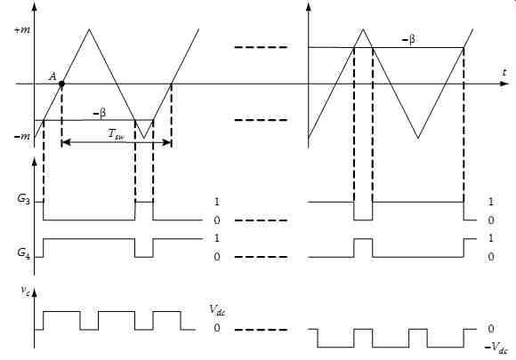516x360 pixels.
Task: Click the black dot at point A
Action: (61, 84)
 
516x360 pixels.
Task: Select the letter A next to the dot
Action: (52, 76)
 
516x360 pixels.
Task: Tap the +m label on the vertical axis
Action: (22, 30)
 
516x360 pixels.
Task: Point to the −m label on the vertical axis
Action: (22, 136)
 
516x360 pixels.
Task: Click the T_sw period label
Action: (117, 135)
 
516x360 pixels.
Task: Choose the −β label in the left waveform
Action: (100, 114)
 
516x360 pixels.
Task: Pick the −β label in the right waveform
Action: (408, 40)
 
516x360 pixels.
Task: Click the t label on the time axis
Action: (504, 72)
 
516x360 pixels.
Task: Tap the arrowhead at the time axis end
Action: (504, 84)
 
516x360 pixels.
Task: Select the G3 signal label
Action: (23, 199)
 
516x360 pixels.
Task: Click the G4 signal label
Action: (23, 253)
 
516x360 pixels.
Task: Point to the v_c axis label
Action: (25, 291)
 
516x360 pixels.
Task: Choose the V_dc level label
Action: (217, 310)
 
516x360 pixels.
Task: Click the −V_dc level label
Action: (496, 348)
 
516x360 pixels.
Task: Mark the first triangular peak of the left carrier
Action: (89, 29)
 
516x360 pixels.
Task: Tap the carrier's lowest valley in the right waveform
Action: (418, 138)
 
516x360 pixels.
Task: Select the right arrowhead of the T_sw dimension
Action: (167, 142)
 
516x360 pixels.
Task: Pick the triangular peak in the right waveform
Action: (363, 29)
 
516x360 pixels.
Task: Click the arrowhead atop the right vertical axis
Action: (309, 6)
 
